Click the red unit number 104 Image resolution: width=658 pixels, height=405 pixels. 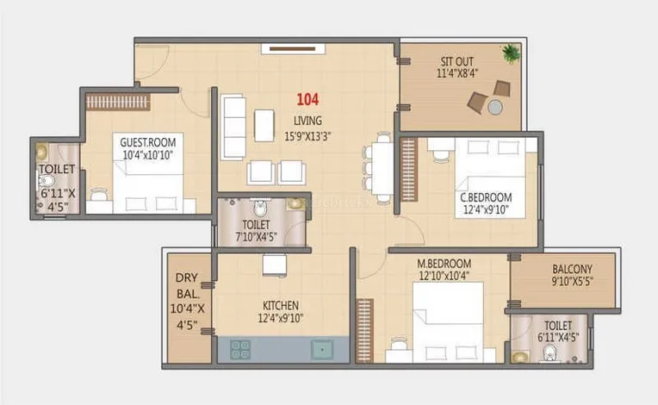point(307,99)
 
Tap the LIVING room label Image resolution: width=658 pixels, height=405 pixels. point(307,121)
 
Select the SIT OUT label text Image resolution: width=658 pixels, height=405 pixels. point(457,62)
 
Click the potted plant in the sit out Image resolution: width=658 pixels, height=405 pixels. point(511,53)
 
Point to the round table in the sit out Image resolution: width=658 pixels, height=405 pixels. point(495,107)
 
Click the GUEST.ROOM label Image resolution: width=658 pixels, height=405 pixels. point(148,142)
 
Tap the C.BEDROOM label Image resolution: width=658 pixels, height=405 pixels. point(486,197)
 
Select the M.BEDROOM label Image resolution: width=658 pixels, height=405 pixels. point(444,264)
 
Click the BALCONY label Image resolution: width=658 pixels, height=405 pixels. point(572,269)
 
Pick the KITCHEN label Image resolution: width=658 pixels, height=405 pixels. point(281,306)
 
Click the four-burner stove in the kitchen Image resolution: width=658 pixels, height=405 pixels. point(240,349)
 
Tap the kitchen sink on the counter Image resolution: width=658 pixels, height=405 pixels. point(322,350)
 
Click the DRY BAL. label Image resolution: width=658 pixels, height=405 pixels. point(187,286)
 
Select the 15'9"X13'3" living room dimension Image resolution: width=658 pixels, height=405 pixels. point(307,136)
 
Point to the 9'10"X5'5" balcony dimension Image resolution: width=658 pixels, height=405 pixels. point(572,281)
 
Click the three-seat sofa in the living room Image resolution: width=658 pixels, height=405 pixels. point(233,127)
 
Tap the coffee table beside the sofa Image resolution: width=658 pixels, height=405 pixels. point(264,126)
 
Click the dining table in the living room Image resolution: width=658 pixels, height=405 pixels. point(382,168)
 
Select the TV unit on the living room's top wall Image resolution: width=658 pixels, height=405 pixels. point(293,48)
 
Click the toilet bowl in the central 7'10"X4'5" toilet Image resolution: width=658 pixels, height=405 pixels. point(260,209)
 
